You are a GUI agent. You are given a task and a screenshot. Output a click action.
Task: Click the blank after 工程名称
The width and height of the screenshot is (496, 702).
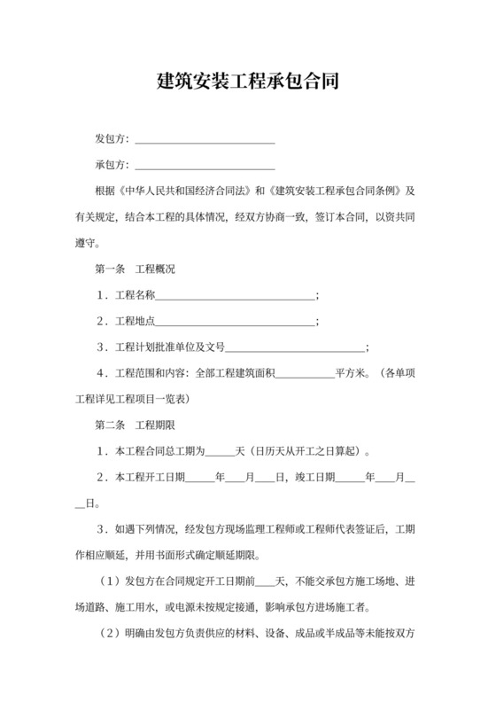(235, 295)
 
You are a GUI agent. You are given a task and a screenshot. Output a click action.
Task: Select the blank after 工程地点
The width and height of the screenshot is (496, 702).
(235, 321)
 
